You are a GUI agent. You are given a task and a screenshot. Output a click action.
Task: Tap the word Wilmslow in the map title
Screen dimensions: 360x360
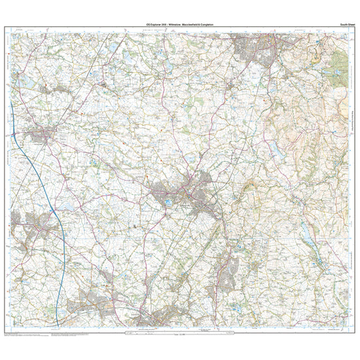pyautogui.click(x=172, y=24)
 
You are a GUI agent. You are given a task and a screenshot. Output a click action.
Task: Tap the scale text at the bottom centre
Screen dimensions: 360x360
pyautogui.click(x=181, y=336)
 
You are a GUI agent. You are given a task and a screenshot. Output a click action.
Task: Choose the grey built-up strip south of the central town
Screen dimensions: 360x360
pyautogui.click(x=228, y=265)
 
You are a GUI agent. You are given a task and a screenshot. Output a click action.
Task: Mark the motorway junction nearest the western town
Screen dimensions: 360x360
pyautogui.click(x=59, y=229)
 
